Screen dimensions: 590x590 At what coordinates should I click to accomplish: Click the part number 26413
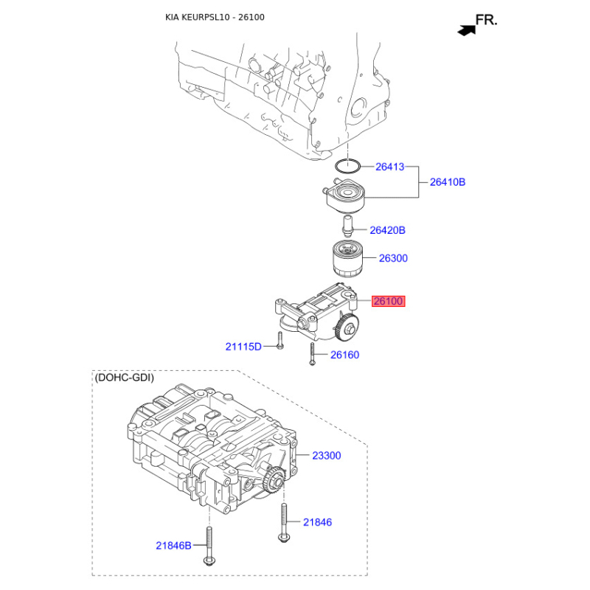pyautogui.click(x=390, y=167)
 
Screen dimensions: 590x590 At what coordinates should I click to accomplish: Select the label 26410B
pyautogui.click(x=448, y=182)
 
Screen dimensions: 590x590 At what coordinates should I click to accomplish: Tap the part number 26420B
pyautogui.click(x=388, y=230)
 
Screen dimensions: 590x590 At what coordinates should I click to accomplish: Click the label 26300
pyautogui.click(x=393, y=258)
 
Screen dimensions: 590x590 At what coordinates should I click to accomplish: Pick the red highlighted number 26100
pyautogui.click(x=389, y=301)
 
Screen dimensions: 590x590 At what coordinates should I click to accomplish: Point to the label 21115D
pyautogui.click(x=243, y=347)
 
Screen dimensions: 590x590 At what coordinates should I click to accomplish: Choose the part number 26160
pyautogui.click(x=344, y=355)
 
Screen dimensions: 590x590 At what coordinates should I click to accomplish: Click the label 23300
pyautogui.click(x=327, y=456)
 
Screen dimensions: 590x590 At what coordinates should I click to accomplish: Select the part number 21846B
pyautogui.click(x=174, y=546)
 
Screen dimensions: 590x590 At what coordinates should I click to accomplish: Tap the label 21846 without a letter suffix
pyautogui.click(x=318, y=522)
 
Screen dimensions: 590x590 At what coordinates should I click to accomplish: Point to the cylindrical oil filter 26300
pyautogui.click(x=347, y=259)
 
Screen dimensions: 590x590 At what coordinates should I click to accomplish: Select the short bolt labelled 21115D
pyautogui.click(x=280, y=340)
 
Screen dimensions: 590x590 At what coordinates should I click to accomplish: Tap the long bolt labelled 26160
pyautogui.click(x=312, y=354)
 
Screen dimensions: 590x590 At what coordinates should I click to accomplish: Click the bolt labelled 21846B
pyautogui.click(x=209, y=545)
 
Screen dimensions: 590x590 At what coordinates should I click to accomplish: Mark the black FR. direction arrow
pyautogui.click(x=467, y=29)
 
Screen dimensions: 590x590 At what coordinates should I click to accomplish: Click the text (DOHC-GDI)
pyautogui.click(x=125, y=378)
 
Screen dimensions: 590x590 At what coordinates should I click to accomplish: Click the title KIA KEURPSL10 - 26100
pyautogui.click(x=215, y=17)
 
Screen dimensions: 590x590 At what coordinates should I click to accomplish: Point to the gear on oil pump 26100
pyautogui.click(x=347, y=328)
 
